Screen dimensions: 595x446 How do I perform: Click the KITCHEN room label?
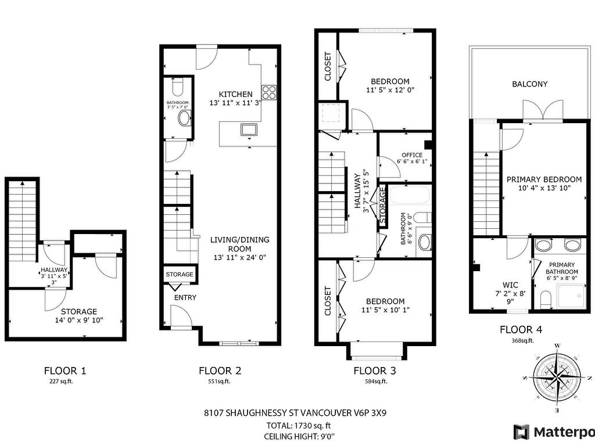(235, 94)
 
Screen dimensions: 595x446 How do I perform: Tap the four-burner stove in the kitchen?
(269, 91)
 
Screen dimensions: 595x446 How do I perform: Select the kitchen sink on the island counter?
(249, 130)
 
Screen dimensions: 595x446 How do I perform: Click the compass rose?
(557, 377)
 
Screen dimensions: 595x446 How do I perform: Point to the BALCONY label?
(530, 84)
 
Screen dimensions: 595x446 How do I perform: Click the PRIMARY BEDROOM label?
(544, 179)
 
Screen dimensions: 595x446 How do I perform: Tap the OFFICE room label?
(412, 154)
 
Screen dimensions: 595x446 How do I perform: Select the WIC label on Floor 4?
(510, 285)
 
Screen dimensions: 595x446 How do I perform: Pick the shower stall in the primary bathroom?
(571, 297)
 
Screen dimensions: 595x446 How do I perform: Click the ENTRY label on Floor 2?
(185, 298)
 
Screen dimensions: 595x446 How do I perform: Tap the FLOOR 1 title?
(65, 371)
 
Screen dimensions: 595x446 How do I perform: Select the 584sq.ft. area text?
(375, 381)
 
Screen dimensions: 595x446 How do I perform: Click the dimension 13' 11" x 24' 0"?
(240, 257)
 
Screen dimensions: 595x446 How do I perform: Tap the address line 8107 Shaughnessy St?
(295, 413)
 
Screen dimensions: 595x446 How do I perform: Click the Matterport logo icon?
(521, 432)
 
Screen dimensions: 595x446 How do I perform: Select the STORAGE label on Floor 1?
(79, 311)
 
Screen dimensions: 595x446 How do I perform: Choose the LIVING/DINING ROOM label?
(240, 244)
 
